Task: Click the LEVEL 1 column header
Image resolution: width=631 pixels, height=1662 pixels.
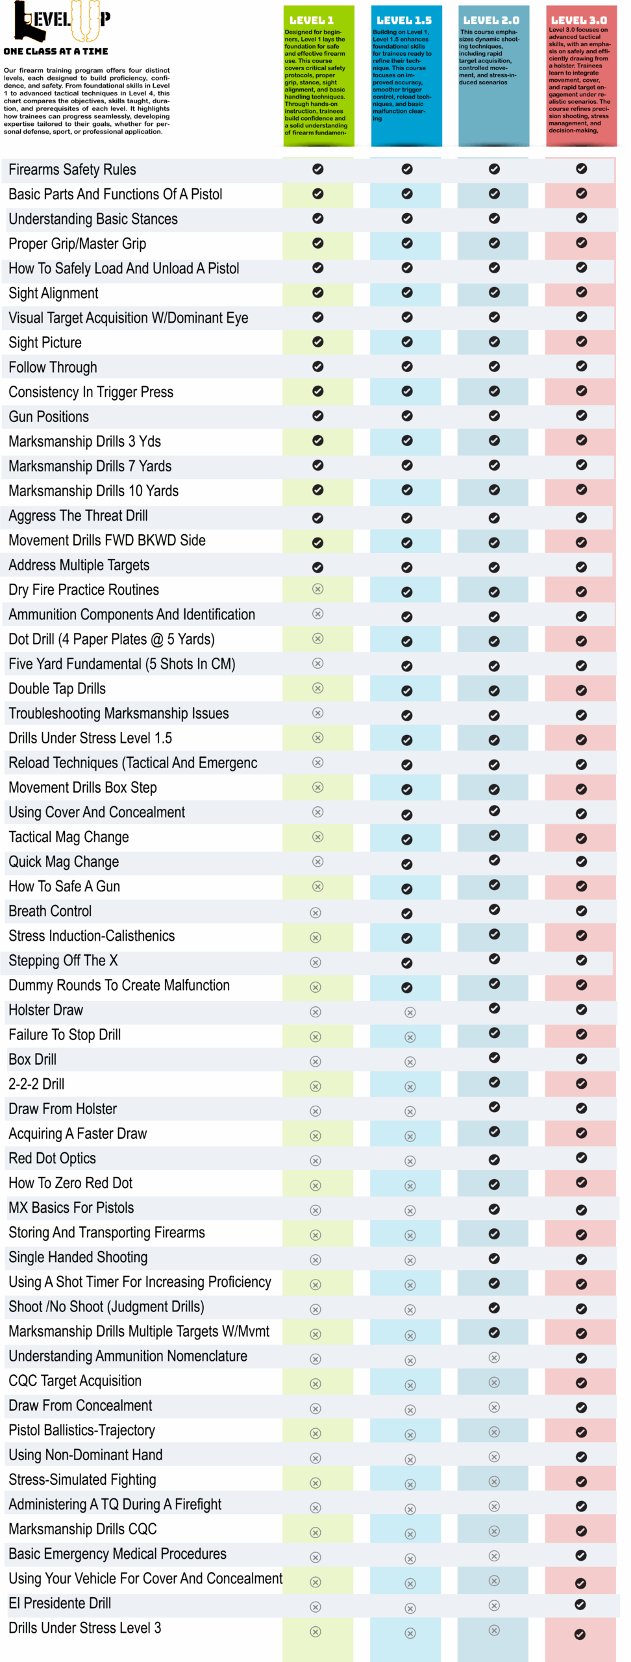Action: [312, 20]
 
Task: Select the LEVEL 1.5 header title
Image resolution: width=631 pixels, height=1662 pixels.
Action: [404, 20]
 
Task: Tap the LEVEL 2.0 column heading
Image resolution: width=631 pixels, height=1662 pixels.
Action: [491, 20]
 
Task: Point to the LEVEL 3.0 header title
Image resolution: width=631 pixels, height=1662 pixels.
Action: [579, 20]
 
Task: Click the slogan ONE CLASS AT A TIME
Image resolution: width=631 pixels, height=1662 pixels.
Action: [56, 51]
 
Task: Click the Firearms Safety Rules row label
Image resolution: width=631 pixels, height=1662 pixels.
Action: [72, 169]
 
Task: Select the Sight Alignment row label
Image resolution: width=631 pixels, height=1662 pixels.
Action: [53, 293]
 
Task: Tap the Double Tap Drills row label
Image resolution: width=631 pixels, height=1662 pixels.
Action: [57, 689]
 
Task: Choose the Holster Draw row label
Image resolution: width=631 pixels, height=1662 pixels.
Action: [45, 1010]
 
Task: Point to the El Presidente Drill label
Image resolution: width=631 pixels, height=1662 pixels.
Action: [60, 1603]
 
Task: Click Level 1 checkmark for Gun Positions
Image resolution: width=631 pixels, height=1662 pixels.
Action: [317, 415]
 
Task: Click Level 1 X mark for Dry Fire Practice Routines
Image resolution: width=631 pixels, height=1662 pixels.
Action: [317, 589]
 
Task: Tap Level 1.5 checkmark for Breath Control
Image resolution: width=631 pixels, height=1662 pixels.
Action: [407, 913]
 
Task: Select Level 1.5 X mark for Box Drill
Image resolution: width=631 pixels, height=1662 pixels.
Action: [410, 1062]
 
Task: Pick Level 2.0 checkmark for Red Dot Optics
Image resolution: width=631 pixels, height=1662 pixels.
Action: [494, 1160]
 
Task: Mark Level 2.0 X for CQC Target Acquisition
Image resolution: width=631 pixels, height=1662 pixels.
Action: [494, 1382]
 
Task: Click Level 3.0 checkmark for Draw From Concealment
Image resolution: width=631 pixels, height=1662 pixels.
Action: [581, 1408]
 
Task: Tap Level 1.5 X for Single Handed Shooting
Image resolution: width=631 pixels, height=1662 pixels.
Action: [410, 1260]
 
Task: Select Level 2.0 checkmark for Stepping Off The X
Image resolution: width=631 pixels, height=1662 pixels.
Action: [494, 959]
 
